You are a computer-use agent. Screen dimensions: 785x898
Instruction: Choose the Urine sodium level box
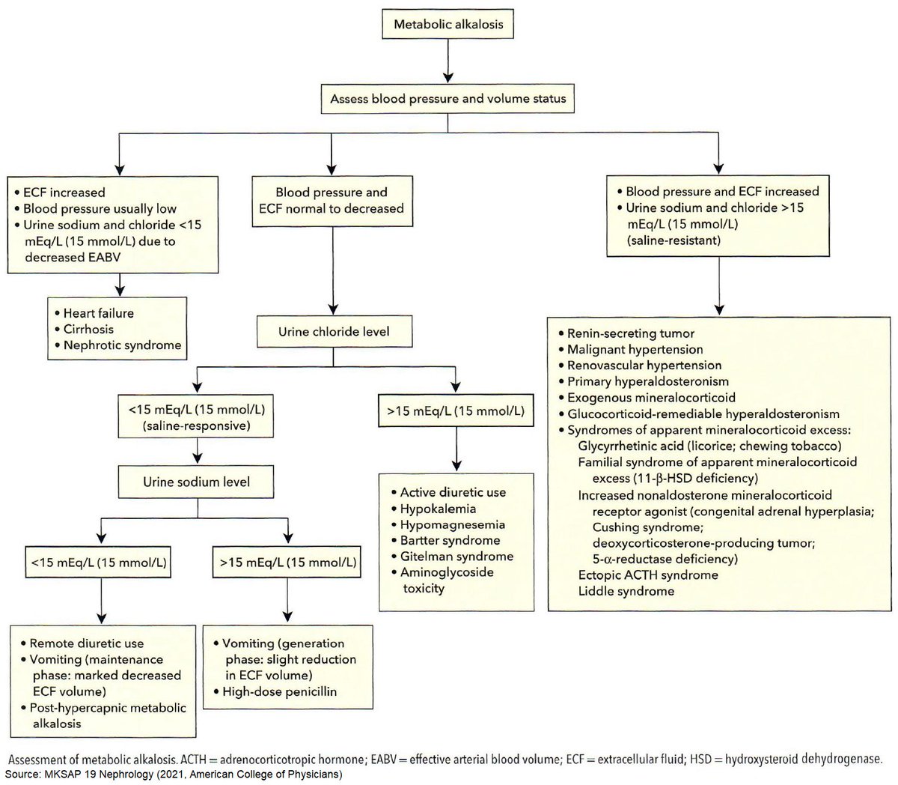pos(197,482)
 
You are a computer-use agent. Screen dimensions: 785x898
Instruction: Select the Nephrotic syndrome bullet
pos(121,345)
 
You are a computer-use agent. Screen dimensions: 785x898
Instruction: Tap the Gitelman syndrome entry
pos(456,557)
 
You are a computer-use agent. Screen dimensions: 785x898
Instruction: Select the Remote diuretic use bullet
pos(86,643)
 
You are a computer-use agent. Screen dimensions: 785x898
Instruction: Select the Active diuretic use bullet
pos(453,492)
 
